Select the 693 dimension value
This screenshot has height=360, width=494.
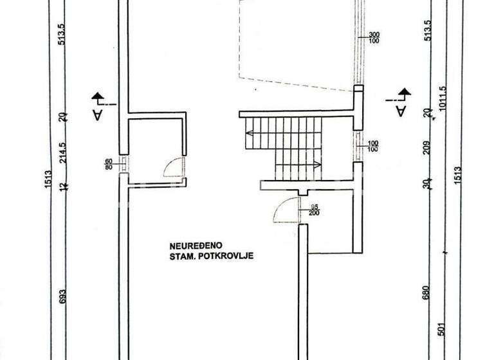[x=63, y=296]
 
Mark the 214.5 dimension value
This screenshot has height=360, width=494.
[x=63, y=152]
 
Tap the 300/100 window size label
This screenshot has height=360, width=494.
[x=374, y=38]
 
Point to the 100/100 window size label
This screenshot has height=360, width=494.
[x=372, y=147]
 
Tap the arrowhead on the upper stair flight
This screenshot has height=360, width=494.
[x=248, y=134]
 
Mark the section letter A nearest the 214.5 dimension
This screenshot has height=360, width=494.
[x=96, y=114]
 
